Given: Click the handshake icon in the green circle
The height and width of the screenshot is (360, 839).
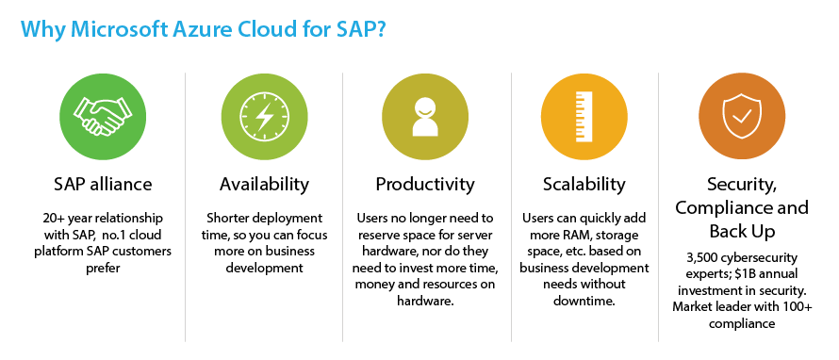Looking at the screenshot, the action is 103,116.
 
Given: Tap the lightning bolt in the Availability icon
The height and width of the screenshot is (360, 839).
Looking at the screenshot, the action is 264,116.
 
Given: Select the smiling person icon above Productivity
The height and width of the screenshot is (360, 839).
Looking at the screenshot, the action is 425,116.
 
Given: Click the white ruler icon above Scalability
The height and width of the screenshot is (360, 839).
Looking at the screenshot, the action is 584,116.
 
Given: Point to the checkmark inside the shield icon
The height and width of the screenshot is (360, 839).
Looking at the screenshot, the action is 742,115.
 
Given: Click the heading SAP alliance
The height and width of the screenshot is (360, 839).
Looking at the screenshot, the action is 103,184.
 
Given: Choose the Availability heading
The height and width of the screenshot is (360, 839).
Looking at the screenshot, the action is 264,185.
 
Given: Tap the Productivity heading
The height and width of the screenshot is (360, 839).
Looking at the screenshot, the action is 425,185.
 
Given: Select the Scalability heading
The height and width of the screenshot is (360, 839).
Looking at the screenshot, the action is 584,185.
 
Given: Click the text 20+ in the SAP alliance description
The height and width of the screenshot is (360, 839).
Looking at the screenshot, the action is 54,219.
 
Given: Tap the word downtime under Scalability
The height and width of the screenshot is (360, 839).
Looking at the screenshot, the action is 584,302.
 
